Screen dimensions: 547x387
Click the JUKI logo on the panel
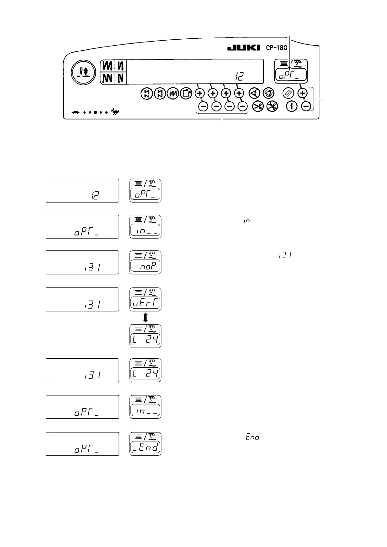click(244, 48)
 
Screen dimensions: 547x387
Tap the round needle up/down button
click(84, 72)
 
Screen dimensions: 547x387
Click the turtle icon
click(76, 112)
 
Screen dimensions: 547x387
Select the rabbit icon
click(115, 112)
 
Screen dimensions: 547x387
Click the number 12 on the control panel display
click(239, 76)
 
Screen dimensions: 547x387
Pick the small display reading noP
click(145, 266)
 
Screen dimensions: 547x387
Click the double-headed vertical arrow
click(145, 317)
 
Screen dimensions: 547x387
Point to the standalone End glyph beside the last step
click(252, 437)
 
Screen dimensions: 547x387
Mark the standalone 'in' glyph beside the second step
click(247, 221)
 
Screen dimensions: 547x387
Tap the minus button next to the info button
click(305, 106)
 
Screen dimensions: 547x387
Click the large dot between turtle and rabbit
click(95, 112)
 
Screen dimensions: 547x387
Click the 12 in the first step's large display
click(95, 196)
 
